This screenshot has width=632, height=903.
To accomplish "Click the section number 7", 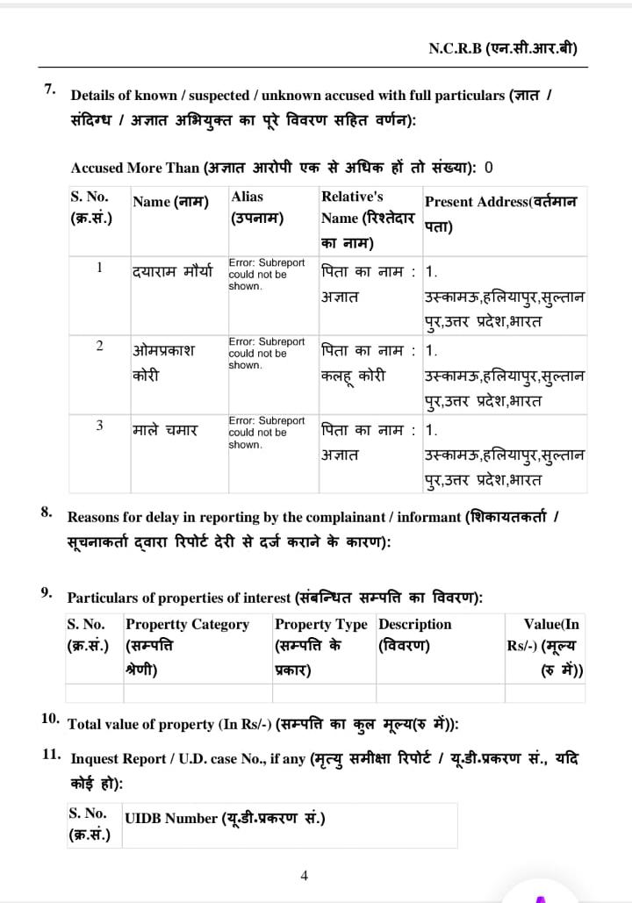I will click(50, 89).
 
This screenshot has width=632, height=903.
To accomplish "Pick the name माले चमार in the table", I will click(165, 430).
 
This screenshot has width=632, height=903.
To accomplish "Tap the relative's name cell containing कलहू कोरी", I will click(353, 376).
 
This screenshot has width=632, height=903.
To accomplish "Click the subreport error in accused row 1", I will click(267, 274).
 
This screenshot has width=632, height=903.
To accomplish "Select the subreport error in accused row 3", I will click(267, 432).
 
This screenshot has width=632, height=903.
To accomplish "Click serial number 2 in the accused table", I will click(99, 346).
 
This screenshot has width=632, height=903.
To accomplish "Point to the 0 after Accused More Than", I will click(489, 167).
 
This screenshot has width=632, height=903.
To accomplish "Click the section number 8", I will click(47, 512).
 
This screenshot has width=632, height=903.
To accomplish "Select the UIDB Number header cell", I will click(226, 818).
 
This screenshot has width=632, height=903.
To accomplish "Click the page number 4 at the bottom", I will click(304, 875).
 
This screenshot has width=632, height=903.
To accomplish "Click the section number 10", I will click(50, 718).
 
